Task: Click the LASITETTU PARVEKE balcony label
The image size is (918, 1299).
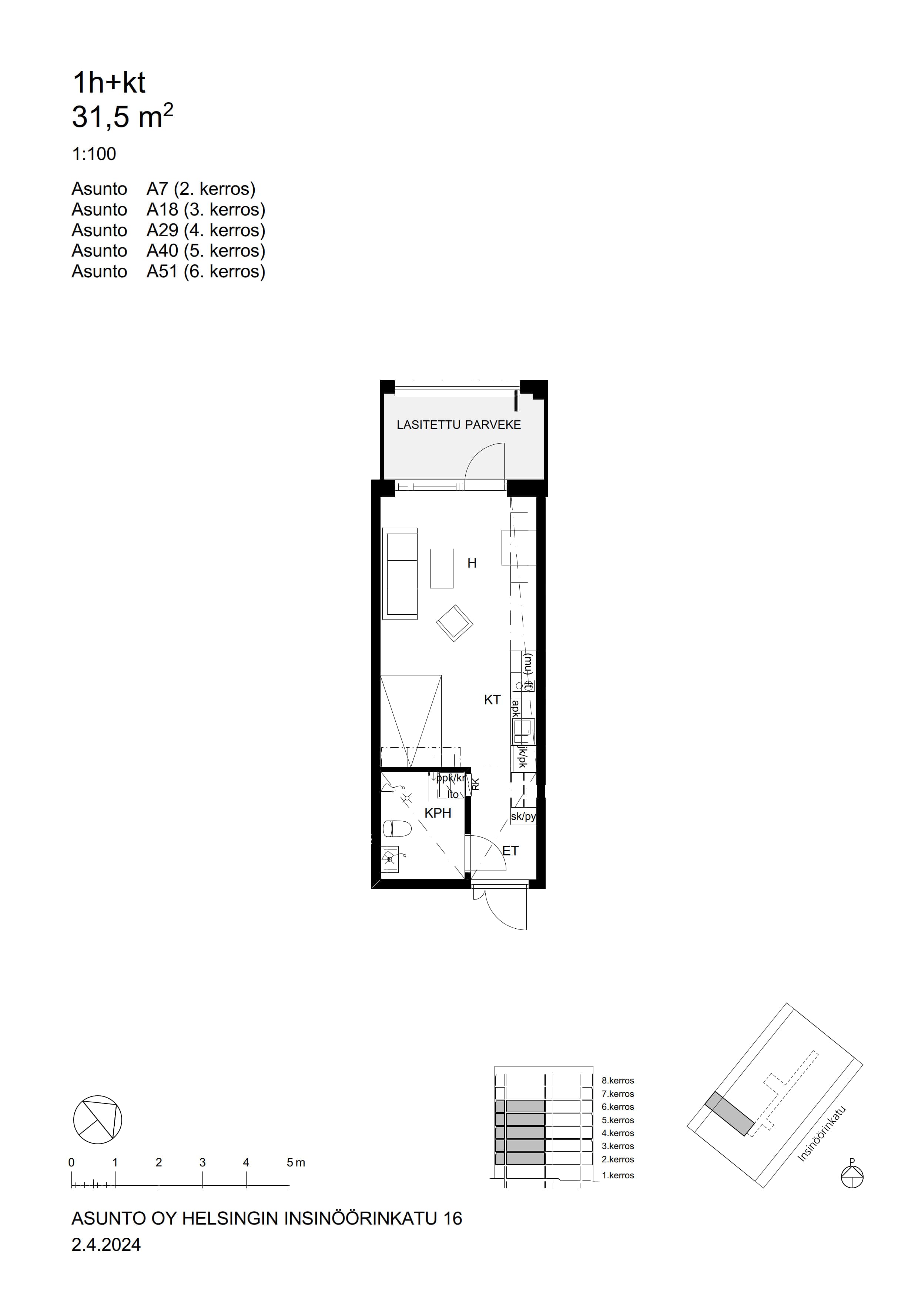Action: pos(458,425)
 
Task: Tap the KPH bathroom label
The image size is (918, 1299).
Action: pos(438,813)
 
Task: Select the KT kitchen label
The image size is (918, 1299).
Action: pos(492,700)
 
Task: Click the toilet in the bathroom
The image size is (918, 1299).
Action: pos(396,829)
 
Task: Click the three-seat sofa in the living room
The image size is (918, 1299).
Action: pos(401,572)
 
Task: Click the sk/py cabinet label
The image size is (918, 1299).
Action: pos(523,817)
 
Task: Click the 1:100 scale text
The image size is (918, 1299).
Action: pos(94,154)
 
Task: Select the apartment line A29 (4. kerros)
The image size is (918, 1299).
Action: pos(168,230)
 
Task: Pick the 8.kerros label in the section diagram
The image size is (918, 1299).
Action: pos(618,1081)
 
